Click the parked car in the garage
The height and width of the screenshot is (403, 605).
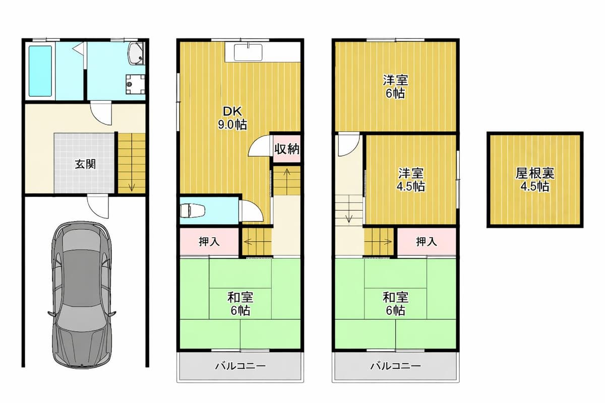[x=82, y=294]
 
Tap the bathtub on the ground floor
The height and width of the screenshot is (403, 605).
[x=40, y=71]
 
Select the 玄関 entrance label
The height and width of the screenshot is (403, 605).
[x=85, y=164]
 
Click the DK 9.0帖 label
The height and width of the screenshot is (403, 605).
[x=232, y=118]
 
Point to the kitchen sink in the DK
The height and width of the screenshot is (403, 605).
[x=248, y=52]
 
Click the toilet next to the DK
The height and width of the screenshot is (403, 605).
[x=193, y=211]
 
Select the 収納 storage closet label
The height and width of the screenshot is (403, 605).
[x=287, y=149]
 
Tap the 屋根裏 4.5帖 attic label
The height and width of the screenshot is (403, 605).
[x=535, y=179]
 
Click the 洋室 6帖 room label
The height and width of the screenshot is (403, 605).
[x=395, y=86]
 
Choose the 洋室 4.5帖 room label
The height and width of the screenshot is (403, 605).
[x=411, y=179]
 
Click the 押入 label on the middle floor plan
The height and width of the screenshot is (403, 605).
[x=209, y=242]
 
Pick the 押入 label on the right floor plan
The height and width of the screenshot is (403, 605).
[x=427, y=242]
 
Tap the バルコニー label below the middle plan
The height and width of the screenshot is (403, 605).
[x=240, y=366]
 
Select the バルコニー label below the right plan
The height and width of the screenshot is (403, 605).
[x=395, y=366]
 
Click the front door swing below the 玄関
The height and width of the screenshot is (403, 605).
[x=98, y=207]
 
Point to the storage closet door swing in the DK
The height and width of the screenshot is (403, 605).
[x=259, y=145]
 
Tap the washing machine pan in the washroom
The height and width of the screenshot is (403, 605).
[x=135, y=84]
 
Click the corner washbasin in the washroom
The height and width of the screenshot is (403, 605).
[x=137, y=54]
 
